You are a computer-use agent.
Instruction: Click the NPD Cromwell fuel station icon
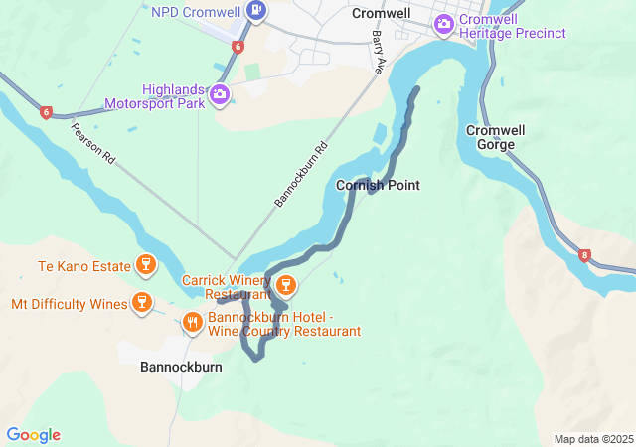coord(257,12)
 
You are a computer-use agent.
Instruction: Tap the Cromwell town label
coord(382,14)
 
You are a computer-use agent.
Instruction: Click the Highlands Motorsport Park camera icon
coord(220,95)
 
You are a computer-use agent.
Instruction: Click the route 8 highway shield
coord(584,256)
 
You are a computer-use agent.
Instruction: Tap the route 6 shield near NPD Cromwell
coord(238,47)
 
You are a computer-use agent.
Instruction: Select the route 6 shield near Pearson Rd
coord(46,112)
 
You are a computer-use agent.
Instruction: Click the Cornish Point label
coord(378,185)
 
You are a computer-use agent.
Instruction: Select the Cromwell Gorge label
coord(491,137)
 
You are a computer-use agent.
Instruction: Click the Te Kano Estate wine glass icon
coord(147,264)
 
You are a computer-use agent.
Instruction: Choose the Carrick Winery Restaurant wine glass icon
coord(286,286)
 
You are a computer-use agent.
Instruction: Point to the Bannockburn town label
coord(181,367)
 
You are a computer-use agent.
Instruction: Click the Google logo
coord(33,435)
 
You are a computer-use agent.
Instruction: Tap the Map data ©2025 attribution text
coord(592,439)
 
